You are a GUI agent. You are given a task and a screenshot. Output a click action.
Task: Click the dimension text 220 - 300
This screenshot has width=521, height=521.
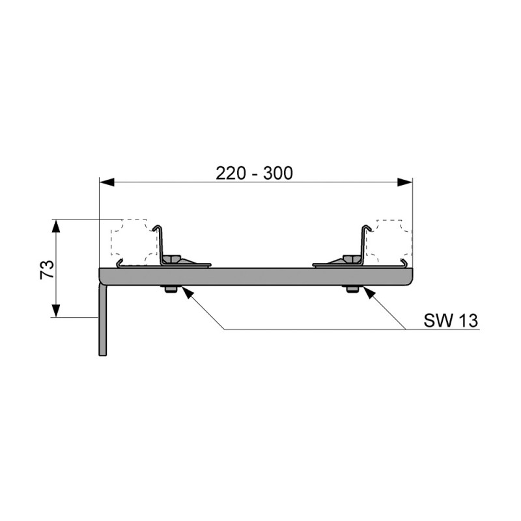coord(254,173)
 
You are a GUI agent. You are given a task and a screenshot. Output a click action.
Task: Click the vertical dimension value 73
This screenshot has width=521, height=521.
coord(47,270)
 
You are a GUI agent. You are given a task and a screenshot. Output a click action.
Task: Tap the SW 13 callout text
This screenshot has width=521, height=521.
coord(451,320)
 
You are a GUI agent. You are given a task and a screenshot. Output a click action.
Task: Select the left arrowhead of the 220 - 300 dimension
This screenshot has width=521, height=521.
coord(107,182)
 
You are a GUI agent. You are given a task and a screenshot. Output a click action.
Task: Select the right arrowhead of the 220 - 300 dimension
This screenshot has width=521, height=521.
coord(405,182)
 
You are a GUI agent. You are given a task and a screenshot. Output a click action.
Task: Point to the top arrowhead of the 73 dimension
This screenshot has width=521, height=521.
coord(56,226)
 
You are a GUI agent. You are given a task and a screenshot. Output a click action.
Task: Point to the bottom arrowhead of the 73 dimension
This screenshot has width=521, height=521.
coord(56,311)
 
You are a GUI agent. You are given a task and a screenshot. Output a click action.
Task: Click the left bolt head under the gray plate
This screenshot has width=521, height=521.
coord(171,289)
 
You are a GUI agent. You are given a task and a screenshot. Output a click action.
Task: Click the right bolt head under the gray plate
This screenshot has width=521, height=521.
coord(352,289)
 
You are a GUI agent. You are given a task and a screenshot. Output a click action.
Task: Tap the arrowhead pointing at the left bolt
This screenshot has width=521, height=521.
coord(187,292)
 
